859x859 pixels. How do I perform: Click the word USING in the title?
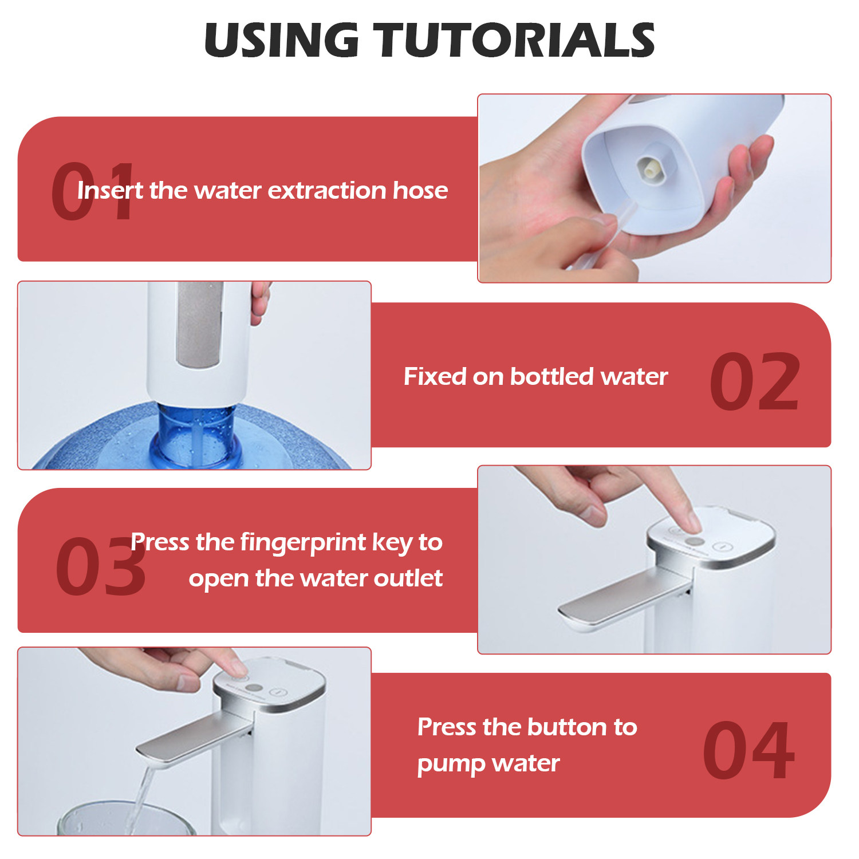point(281,40)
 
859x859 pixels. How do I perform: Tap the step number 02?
point(754,381)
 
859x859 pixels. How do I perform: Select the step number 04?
point(749,750)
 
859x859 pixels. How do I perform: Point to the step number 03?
point(101,566)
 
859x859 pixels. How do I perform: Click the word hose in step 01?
point(420,190)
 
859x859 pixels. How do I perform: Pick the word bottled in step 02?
point(552,376)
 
